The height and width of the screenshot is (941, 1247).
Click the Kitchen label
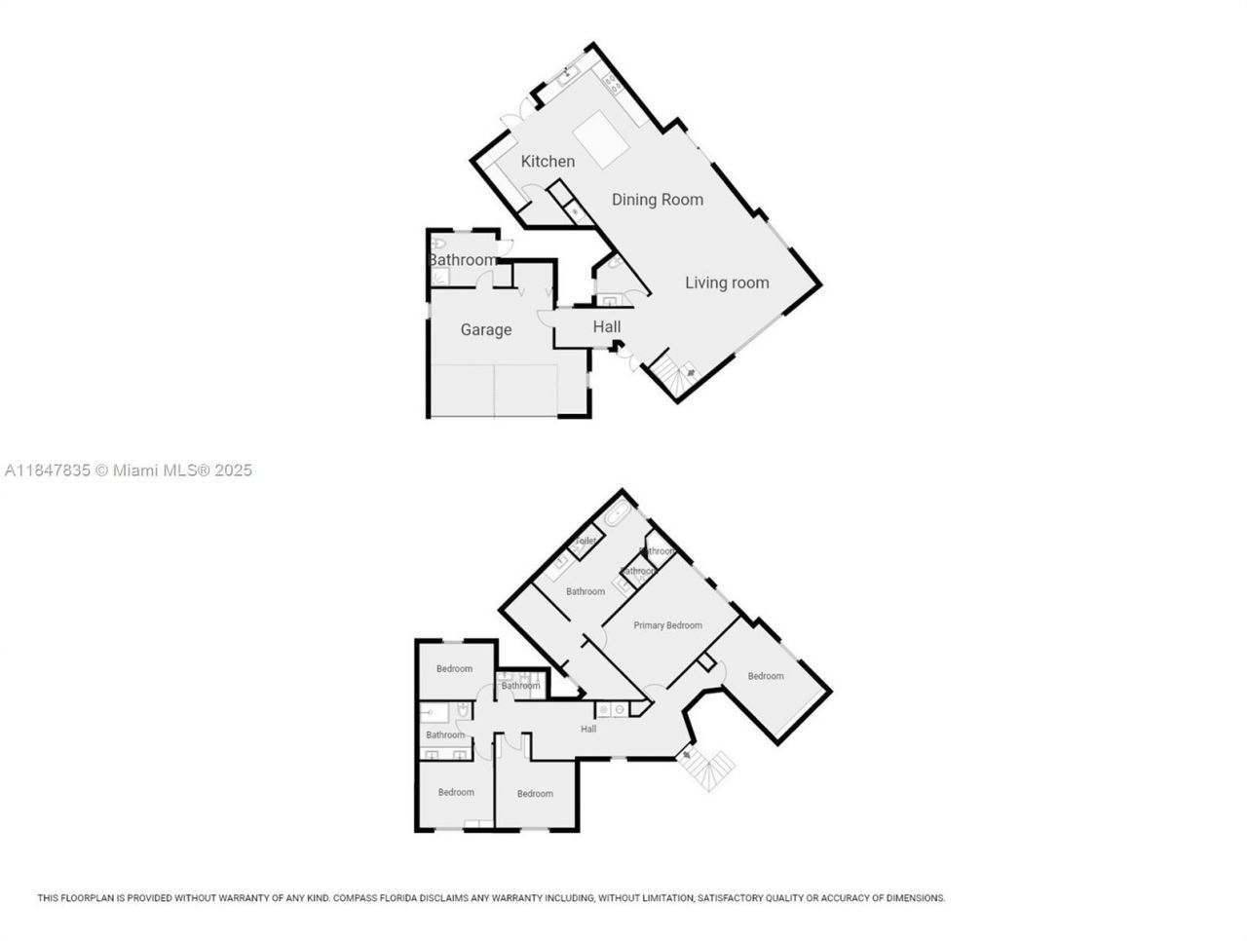(548, 162)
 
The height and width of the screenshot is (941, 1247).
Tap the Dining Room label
(657, 200)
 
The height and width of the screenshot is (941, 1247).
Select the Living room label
(727, 283)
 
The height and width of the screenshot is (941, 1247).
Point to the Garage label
(485, 330)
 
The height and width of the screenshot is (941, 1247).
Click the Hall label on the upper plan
(607, 327)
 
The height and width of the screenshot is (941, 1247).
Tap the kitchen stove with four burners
(614, 85)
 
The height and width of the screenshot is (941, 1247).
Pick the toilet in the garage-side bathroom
(439, 244)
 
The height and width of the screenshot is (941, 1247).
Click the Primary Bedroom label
(667, 625)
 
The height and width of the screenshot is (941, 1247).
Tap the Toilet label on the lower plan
(586, 542)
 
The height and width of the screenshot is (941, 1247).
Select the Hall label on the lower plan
(588, 730)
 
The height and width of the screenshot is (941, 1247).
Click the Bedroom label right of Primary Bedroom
(766, 676)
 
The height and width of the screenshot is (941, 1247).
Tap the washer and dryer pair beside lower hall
(611, 710)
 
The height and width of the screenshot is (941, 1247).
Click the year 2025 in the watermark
(234, 470)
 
